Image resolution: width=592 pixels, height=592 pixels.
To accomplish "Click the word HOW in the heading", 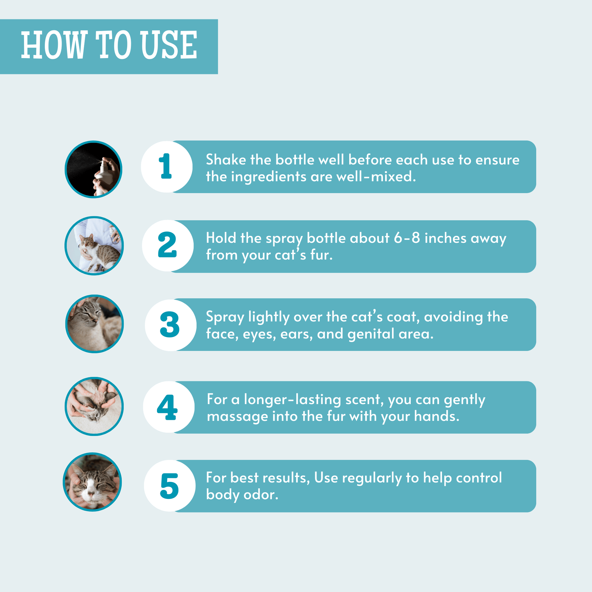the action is coord(53,45).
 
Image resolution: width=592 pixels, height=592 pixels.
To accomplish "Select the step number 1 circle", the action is coord(167,167).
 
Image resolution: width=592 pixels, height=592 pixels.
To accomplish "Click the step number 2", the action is coord(167,245).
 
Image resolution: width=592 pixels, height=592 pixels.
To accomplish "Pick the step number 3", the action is coord(170,325).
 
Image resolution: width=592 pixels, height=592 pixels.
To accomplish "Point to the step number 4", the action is coord(167,407).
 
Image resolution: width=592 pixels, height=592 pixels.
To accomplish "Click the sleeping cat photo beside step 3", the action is coord(94,324).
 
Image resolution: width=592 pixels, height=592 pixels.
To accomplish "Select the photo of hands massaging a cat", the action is coord(94,406).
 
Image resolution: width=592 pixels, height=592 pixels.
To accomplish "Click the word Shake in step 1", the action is coord(226,160).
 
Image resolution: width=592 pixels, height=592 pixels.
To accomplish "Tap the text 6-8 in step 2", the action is coord(407,238).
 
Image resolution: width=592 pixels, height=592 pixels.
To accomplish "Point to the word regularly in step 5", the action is coord(372,478).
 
